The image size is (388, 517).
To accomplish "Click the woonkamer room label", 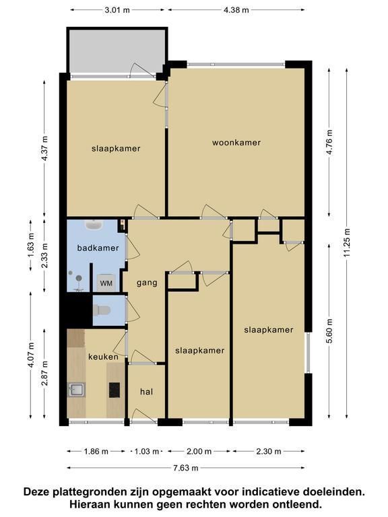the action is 236,143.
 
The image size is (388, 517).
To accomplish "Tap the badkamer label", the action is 98,248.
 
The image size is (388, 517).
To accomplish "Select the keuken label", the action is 103,357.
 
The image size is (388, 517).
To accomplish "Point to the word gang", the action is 147,283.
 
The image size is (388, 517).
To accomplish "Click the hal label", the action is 146,392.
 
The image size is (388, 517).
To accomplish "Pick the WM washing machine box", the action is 106,282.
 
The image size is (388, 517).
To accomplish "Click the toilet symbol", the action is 102,310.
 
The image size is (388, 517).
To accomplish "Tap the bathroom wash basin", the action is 94,225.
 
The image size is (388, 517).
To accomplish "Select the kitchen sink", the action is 76,390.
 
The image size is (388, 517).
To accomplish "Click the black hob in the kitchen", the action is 115,390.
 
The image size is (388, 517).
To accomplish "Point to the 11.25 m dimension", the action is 347,242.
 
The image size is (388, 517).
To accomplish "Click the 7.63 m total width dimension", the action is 186,468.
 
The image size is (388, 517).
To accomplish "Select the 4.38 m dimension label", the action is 236,10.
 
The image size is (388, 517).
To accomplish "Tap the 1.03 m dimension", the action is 146,452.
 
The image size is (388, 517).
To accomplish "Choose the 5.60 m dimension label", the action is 329,331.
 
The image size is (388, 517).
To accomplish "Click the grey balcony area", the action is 117,51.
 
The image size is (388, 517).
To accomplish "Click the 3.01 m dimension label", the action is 117,10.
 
